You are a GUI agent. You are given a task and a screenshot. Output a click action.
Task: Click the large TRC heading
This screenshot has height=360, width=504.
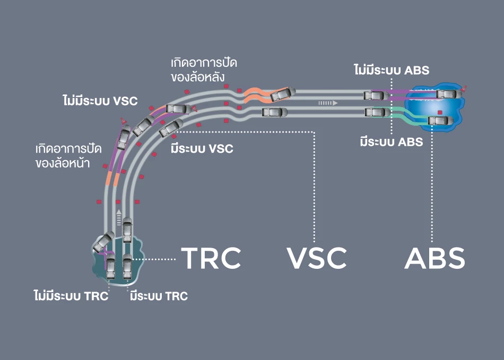[x=211, y=258]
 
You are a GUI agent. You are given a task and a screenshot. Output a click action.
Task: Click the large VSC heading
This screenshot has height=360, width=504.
[x=317, y=258]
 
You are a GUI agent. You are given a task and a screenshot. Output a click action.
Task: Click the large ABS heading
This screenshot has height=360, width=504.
[x=435, y=258]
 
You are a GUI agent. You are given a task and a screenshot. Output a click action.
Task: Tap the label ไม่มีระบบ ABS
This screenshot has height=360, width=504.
[x=392, y=69]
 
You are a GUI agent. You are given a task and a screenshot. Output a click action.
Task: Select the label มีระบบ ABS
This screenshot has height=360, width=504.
[x=391, y=142]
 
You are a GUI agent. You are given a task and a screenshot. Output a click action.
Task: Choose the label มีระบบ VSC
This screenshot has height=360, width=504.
[x=202, y=148]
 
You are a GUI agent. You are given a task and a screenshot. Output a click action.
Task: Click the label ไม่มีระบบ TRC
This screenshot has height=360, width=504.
[x=71, y=296]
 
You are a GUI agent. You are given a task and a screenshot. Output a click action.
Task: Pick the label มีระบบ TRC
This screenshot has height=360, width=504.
[x=159, y=296]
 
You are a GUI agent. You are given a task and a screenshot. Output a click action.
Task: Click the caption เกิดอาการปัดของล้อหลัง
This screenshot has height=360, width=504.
[x=204, y=69]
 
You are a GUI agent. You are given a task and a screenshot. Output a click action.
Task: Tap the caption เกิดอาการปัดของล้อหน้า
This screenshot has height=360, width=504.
[x=63, y=155]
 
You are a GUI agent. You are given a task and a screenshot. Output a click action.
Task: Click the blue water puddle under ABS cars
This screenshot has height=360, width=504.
[x=432, y=106]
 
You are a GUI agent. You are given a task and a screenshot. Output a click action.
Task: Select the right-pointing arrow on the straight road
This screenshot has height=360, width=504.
[x=328, y=103]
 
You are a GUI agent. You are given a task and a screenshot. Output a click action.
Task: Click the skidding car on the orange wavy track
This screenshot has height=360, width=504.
[x=282, y=94]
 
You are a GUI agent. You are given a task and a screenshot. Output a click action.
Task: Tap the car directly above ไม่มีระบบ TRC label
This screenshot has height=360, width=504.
[x=110, y=268]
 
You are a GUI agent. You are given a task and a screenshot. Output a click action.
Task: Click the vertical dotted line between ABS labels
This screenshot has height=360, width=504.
[x=392, y=106]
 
